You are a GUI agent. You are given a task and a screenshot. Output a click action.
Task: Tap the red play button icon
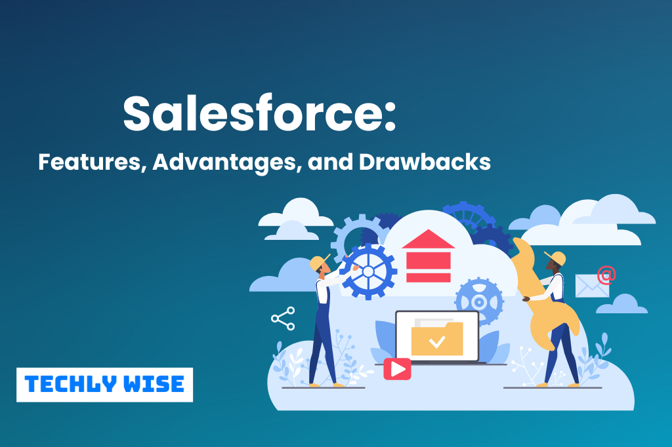397,369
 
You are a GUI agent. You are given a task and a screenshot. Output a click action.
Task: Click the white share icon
283,319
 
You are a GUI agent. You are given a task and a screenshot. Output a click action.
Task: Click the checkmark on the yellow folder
437,341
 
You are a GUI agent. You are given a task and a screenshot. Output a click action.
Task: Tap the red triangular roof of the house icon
429,239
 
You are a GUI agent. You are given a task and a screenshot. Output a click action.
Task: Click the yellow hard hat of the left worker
320,263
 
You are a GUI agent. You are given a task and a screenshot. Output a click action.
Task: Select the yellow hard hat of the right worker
556,257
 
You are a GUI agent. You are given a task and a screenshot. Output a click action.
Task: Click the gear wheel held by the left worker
368,271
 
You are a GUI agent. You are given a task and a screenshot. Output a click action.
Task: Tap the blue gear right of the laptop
479,301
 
